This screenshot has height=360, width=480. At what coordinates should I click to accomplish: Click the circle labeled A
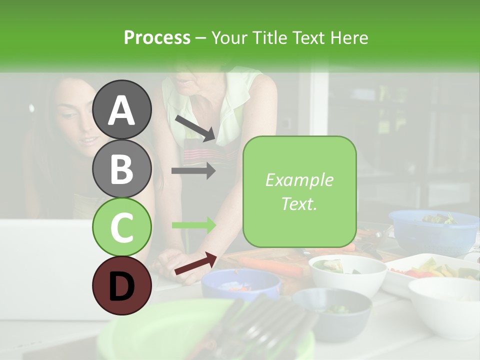point(121,109)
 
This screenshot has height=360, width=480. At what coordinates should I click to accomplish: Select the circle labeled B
point(121,168)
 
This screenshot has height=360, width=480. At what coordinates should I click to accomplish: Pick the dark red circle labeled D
point(121,285)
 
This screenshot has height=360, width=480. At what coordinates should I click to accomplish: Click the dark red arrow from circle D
point(195,263)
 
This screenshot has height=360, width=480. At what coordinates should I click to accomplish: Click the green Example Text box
point(299,191)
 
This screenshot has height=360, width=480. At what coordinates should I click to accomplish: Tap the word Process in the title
point(157,37)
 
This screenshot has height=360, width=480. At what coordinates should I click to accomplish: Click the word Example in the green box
point(299,180)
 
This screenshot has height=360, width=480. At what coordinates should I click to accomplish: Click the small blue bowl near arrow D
point(241,285)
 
